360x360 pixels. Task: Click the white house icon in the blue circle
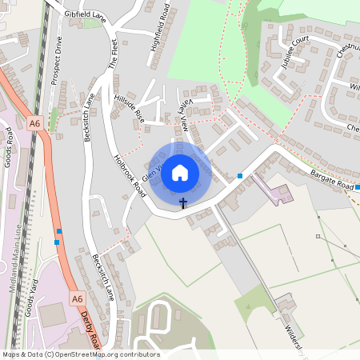click(x=180, y=173)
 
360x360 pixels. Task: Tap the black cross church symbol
click(x=182, y=203)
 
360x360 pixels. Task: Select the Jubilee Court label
click(x=295, y=53)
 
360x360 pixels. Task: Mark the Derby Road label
click(x=90, y=330)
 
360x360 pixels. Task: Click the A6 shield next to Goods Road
click(x=34, y=123)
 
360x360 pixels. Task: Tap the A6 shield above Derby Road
click(x=77, y=298)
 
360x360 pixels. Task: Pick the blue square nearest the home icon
click(x=240, y=176)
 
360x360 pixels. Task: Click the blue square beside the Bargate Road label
click(x=358, y=187)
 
